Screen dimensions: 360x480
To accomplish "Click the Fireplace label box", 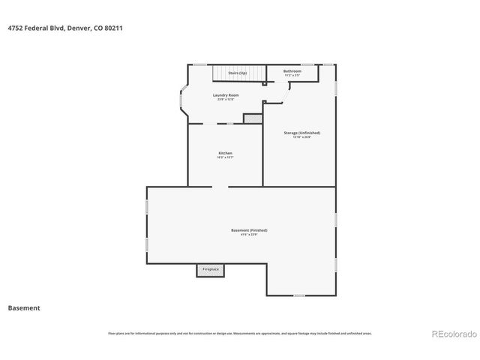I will coord(211,269).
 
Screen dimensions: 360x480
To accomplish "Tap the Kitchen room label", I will coord(225,153).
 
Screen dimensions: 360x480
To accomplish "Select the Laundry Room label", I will coord(225,94).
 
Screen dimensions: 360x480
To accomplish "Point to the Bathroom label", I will coord(292,71).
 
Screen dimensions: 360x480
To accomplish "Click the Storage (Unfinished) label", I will coord(297,133).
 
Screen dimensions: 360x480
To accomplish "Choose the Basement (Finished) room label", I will coord(248,230).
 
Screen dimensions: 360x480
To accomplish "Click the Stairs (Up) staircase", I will coord(238,73).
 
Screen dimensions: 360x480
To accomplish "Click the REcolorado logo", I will coord(451,333).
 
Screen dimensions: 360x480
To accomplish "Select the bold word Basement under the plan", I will coord(24,307).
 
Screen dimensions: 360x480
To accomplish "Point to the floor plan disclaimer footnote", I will coord(240,334).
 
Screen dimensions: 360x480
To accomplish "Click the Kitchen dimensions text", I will coord(225,157).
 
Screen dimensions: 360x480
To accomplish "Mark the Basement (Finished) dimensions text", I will coord(248,235).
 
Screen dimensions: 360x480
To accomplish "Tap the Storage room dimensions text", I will coord(297,137).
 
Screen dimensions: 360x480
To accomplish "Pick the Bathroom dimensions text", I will coord(292,76).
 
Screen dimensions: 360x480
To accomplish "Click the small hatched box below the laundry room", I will coord(253,118).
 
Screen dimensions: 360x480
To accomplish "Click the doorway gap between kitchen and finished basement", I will coord(220,186).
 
